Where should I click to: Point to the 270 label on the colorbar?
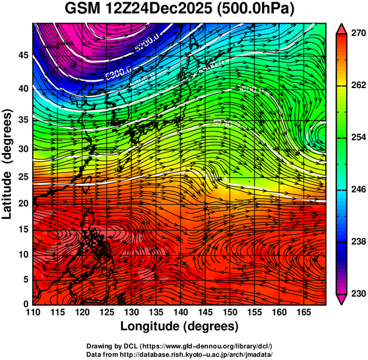coord(357,33)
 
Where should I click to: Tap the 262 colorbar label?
coord(357,85)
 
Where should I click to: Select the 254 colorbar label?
coord(357,137)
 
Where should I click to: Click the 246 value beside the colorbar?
coord(357,189)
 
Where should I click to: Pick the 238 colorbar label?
coord(357,242)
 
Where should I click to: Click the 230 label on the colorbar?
coord(357,293)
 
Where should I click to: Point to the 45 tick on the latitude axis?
coord(23,55)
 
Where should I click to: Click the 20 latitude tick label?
coord(23,203)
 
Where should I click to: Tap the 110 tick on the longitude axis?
coord(33,312)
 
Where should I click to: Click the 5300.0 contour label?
coord(116,76)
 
